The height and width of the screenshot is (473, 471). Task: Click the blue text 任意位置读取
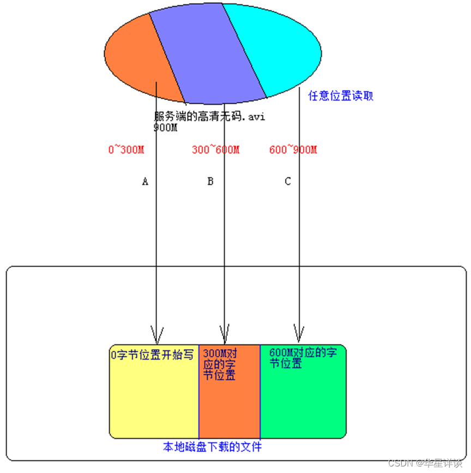pos(341,96)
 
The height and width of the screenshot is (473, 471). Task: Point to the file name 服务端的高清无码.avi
pos(209,117)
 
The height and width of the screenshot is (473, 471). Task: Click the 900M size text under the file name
pos(166,128)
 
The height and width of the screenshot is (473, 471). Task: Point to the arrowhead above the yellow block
pos(157,333)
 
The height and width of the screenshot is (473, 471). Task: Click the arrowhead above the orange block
pos(224,333)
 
